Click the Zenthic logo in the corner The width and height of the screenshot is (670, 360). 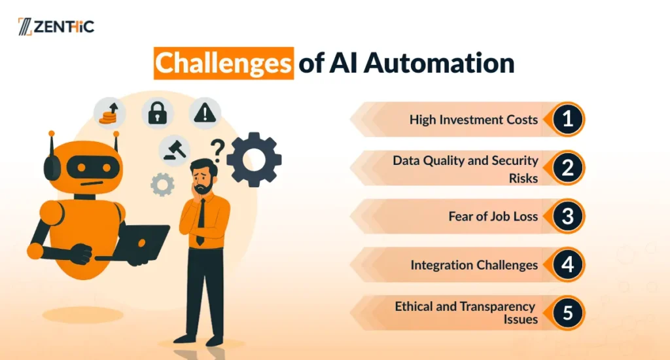[56, 26]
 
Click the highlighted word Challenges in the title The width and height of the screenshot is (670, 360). [224, 63]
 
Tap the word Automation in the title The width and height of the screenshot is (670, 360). [439, 63]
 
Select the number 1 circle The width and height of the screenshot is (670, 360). [567, 119]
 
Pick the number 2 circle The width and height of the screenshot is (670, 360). [567, 168]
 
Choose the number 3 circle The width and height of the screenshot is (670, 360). [567, 216]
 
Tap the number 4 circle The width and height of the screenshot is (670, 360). [567, 264]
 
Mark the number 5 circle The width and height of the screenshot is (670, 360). [567, 313]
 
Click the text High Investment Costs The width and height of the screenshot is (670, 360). [474, 120]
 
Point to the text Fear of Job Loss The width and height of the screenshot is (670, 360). [493, 217]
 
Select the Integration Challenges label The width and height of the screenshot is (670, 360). [474, 265]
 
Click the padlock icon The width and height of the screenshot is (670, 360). [157, 113]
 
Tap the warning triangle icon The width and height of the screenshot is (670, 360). [205, 113]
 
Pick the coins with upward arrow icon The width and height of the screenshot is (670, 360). [109, 113]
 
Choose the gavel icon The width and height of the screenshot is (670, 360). [174, 151]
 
